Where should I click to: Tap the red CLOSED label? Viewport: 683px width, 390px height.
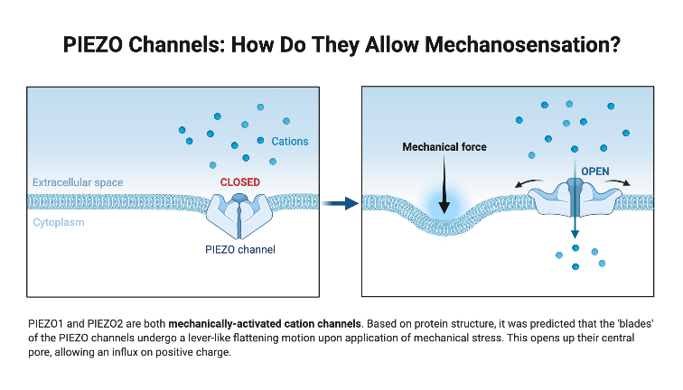[239, 182]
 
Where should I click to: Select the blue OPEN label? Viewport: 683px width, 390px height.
[595, 171]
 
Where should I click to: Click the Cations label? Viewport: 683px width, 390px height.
[290, 142]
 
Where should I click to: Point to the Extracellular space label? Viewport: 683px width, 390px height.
[78, 182]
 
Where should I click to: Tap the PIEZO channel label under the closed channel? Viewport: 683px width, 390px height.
[239, 249]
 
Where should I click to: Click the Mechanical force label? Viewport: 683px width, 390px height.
[444, 146]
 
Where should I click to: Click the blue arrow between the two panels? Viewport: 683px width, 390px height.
[341, 204]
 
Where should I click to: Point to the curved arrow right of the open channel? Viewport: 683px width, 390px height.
[621, 184]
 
